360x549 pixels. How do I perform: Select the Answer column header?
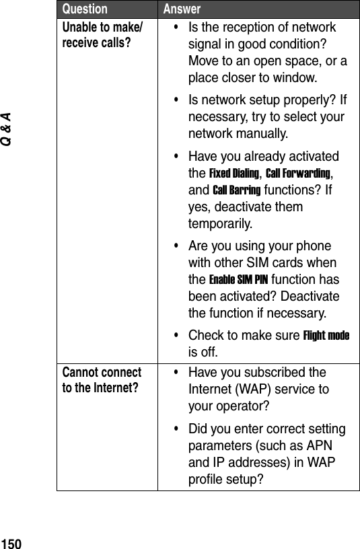click(182, 9)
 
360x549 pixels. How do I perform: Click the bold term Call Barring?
click(236, 190)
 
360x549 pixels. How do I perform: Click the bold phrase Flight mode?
click(326, 335)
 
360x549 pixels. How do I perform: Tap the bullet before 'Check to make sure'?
click(176, 335)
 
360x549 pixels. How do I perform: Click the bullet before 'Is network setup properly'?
click(176, 101)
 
